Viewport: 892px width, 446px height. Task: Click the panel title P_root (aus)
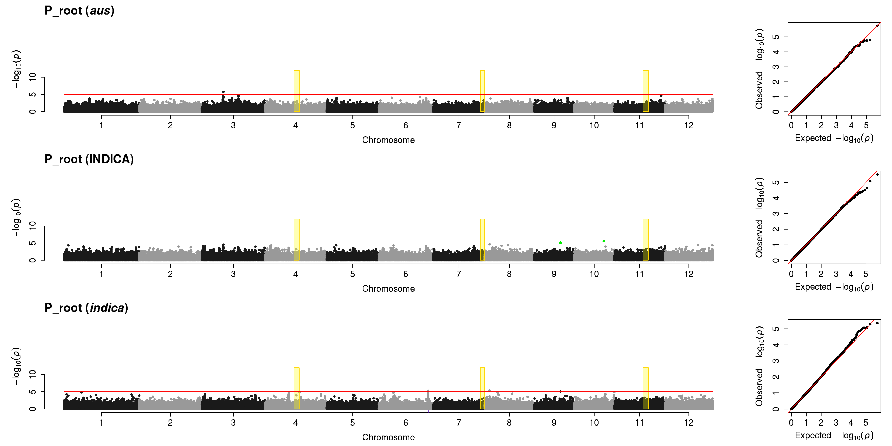(x=79, y=11)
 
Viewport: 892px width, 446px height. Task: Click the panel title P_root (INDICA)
(x=89, y=159)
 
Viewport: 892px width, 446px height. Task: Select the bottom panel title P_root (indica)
(x=86, y=308)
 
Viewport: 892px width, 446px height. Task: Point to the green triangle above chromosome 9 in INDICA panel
(x=560, y=242)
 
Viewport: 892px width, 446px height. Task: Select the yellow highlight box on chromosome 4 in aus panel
(x=296, y=91)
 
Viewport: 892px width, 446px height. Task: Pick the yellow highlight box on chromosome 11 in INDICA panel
(x=645, y=240)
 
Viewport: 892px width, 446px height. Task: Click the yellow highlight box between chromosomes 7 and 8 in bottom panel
(x=482, y=388)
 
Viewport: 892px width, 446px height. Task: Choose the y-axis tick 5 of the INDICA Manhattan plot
(x=33, y=243)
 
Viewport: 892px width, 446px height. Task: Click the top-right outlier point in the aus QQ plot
(x=877, y=26)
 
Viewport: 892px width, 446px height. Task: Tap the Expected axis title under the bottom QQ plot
(x=834, y=436)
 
